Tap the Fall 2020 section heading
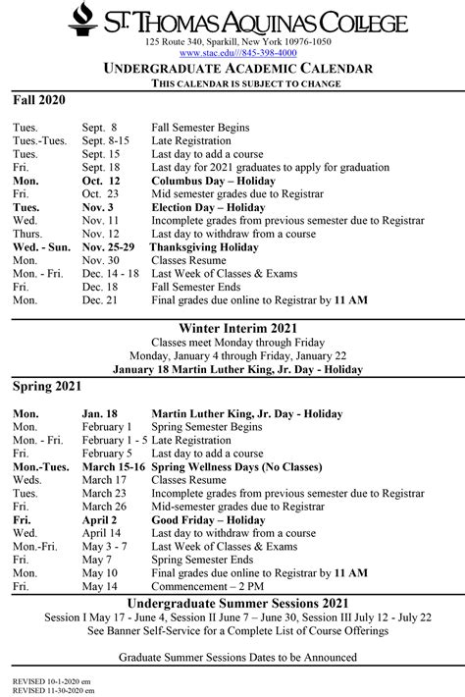coord(39,100)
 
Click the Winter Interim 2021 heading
coord(237,325)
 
